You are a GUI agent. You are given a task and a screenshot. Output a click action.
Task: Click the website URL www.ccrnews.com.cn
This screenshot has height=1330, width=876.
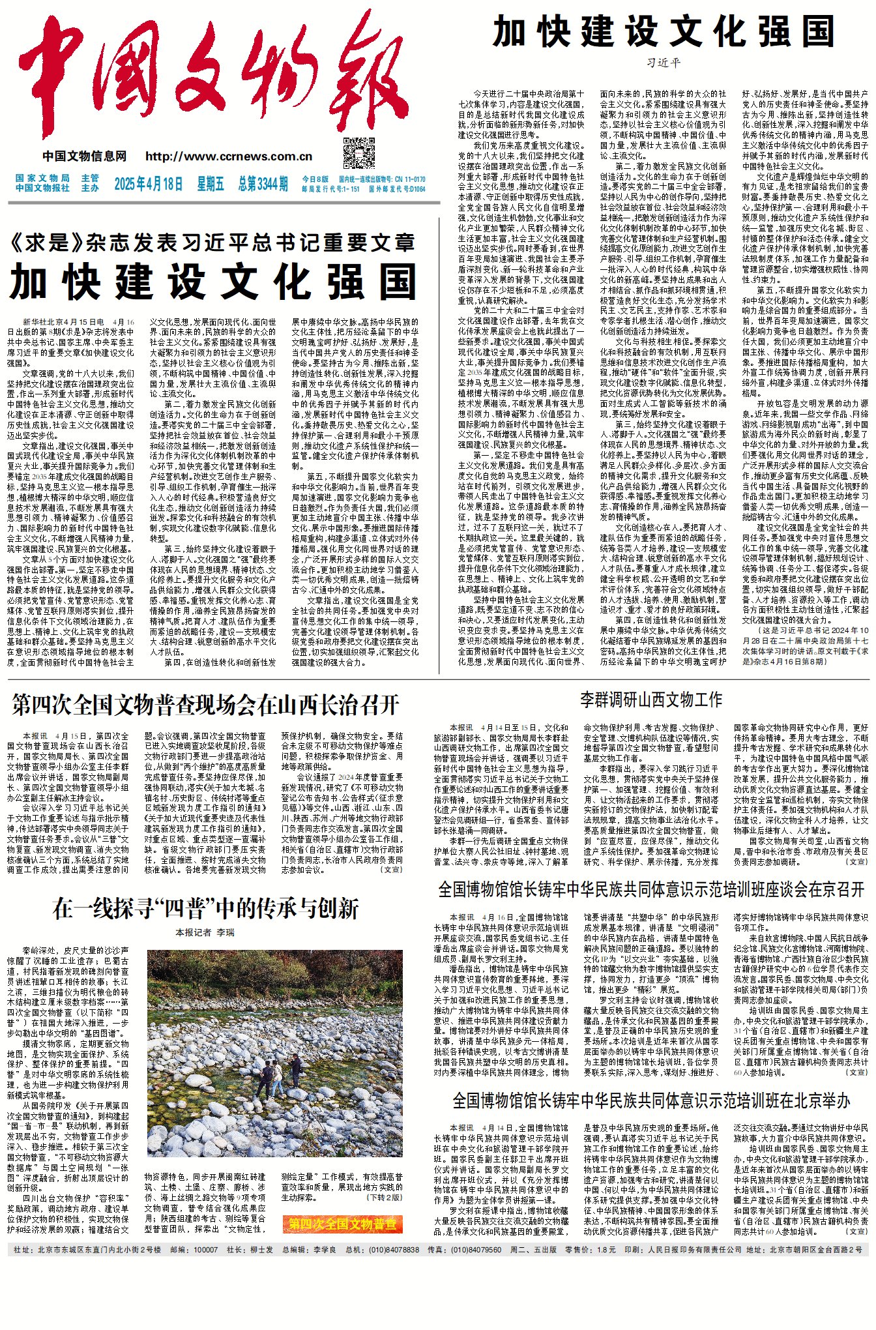229,156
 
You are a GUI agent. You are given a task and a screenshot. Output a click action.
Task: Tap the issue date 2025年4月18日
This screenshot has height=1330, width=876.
149,184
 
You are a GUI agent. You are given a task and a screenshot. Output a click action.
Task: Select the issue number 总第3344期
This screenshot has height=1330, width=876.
263,184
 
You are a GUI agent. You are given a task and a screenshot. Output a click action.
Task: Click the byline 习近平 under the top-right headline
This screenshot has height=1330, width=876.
664,63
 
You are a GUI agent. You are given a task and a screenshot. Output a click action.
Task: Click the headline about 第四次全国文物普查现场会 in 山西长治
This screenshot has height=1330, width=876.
205,705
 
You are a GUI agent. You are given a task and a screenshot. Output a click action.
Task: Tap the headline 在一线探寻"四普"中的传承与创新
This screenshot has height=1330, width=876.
206,908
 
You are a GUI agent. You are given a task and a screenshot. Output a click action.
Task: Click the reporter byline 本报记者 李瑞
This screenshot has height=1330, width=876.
205,933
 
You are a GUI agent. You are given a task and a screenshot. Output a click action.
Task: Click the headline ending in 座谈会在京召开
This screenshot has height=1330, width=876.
651,889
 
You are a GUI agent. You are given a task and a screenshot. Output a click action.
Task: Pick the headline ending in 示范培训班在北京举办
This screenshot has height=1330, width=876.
651,1101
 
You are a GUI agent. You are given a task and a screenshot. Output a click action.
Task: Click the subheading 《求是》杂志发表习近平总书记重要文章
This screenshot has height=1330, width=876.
212,243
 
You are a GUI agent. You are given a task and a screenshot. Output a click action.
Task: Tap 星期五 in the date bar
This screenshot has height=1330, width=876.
211,184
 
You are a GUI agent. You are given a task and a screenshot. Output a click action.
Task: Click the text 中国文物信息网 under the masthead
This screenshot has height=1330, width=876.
85,156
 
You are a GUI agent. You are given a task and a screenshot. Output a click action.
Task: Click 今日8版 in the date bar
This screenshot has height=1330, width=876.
315,179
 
